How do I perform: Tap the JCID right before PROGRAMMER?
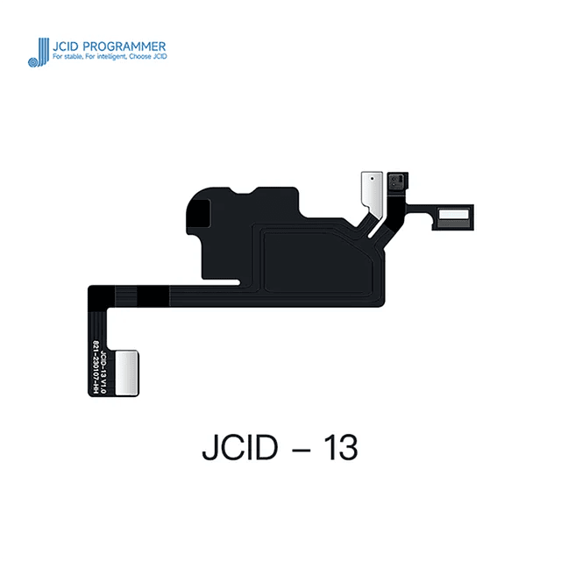click(x=69, y=46)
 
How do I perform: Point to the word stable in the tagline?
click(x=76, y=57)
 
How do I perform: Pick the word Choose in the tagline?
click(x=145, y=57)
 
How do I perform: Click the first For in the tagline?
click(x=58, y=57)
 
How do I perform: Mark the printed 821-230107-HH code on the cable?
click(x=95, y=369)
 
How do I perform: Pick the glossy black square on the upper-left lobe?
click(x=201, y=213)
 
